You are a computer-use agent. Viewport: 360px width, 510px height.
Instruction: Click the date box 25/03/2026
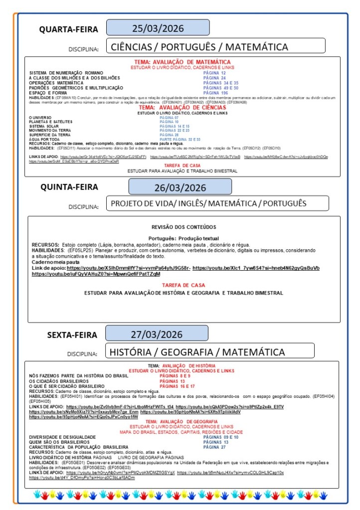point(158,27)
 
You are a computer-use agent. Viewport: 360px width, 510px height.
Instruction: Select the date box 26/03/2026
point(180,187)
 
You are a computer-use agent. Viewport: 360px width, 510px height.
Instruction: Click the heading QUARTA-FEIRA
point(69,29)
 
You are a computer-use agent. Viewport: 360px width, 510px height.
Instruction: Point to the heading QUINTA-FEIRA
point(69,187)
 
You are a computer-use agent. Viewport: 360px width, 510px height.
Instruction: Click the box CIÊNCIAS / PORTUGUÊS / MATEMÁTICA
point(215,46)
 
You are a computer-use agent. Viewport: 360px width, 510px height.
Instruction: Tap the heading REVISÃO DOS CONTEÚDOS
point(184,227)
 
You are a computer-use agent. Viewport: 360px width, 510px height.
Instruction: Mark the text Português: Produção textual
point(183,238)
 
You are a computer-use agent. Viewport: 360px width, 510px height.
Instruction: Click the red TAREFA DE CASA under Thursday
point(183,285)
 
